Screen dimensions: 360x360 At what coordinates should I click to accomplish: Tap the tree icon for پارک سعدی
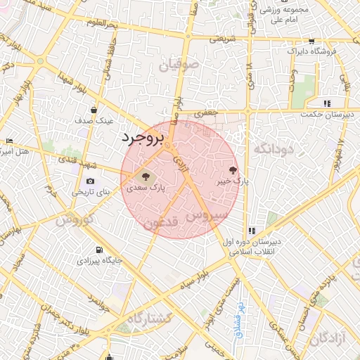146,176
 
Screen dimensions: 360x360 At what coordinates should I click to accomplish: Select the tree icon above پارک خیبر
233,169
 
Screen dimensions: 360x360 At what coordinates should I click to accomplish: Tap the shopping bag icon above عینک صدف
94,110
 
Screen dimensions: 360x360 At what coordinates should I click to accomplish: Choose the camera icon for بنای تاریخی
91,181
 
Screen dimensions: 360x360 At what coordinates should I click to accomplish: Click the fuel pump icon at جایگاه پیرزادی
98,250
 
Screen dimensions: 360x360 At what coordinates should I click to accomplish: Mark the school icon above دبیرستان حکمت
327,103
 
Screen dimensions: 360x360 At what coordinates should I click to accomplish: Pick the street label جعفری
208,112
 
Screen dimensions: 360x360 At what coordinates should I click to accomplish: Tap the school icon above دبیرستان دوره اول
251,231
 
